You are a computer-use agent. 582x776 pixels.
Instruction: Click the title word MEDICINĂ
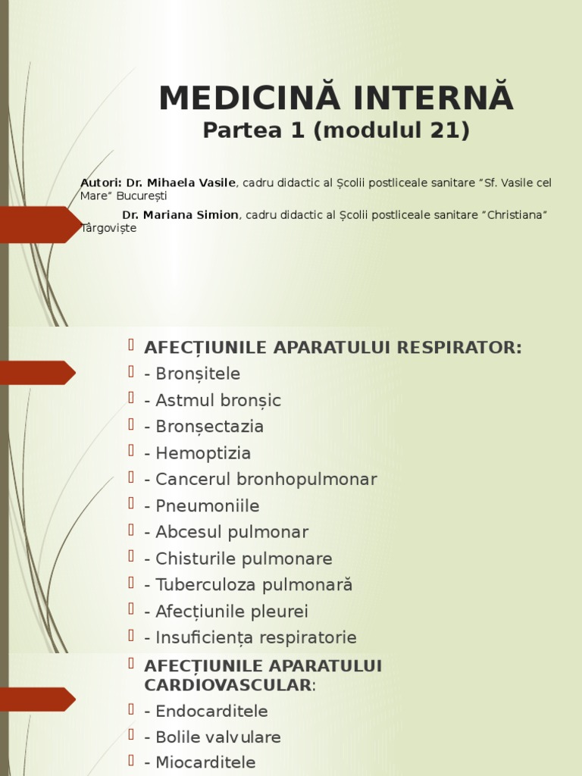(x=240, y=99)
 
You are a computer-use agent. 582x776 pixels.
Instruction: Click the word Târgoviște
(x=108, y=227)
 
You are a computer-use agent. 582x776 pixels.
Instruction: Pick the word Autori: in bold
(x=101, y=183)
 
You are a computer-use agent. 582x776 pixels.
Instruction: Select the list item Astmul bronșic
(x=217, y=400)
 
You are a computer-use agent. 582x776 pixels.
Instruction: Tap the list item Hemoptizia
(x=202, y=453)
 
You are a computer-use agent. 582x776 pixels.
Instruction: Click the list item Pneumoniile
(x=207, y=505)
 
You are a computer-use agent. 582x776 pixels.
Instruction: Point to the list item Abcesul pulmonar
(x=231, y=532)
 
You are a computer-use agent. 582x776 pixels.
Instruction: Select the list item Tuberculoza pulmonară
(x=253, y=585)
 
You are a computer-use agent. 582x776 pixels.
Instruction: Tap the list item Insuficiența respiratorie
(x=255, y=637)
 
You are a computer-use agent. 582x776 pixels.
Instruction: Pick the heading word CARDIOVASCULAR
(x=227, y=684)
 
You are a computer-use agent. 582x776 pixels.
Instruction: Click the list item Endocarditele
(x=211, y=712)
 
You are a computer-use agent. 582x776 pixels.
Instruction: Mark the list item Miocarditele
(x=205, y=762)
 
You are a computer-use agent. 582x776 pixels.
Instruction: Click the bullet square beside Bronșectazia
(x=132, y=424)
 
